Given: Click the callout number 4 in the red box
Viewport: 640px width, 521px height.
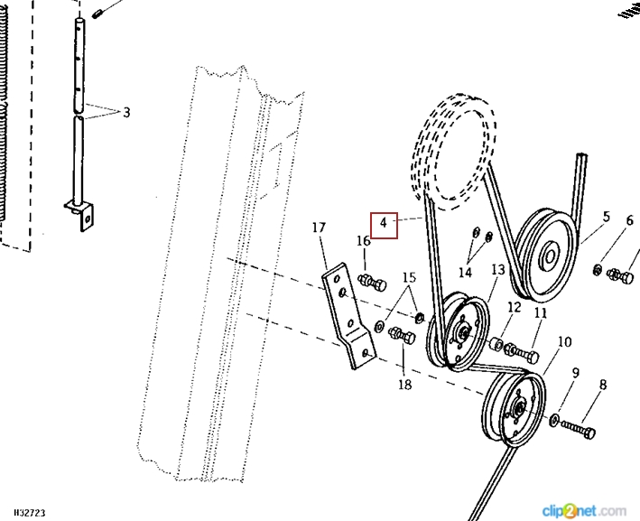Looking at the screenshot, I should point(384,223).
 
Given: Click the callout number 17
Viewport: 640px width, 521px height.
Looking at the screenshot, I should point(319,228).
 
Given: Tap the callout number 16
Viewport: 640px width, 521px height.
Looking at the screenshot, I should point(363,241).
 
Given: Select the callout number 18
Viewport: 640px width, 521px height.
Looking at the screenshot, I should point(404,385).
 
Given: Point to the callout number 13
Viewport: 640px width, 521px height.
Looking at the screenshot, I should point(498,270).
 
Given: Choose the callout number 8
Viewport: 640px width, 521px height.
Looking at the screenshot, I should point(602,386).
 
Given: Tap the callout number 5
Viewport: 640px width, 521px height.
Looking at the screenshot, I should point(606,217).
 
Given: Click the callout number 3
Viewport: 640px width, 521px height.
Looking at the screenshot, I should point(126,113).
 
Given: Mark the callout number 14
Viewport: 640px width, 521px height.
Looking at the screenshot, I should point(465,272).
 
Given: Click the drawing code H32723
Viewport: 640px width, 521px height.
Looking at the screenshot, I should point(24,513).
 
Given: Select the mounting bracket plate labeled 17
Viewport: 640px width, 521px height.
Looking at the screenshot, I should point(347,315).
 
